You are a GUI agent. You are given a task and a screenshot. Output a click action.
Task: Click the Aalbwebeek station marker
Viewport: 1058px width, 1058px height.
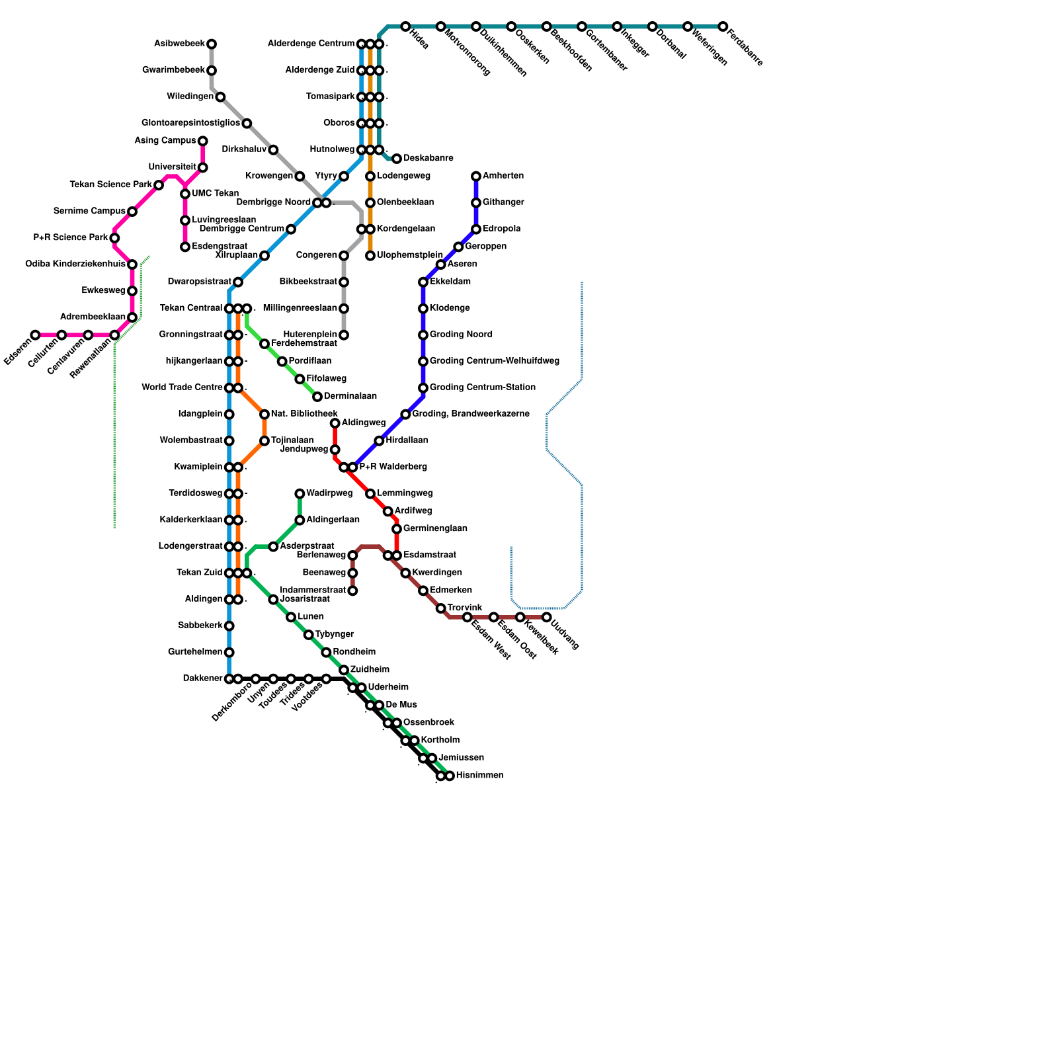point(212,44)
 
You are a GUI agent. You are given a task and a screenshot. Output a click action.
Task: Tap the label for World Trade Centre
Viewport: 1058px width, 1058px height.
point(182,387)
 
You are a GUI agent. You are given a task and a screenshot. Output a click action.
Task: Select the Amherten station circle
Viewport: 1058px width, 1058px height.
point(476,177)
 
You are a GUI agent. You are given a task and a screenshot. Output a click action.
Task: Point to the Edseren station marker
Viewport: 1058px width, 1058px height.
point(35,335)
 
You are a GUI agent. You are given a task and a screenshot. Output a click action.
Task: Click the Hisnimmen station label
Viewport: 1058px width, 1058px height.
point(479,776)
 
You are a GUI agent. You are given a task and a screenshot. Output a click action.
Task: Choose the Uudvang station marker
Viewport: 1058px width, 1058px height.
point(546,617)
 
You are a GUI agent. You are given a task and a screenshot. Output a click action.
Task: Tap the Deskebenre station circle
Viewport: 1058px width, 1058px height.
point(397,159)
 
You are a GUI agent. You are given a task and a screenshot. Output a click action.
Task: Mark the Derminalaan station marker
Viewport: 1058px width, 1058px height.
point(317,397)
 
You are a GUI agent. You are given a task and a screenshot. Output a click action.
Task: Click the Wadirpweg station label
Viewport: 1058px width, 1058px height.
point(329,493)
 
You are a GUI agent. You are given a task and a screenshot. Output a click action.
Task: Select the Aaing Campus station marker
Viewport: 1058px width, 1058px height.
point(202,141)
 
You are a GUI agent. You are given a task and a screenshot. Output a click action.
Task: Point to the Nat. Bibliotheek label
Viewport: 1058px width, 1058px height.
point(304,414)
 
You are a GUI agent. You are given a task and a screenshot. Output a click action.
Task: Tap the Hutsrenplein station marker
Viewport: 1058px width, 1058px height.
point(344,335)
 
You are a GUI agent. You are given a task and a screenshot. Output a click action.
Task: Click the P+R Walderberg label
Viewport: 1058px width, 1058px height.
point(393,467)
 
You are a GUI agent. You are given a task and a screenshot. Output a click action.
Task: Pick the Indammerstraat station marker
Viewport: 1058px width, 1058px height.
point(352,590)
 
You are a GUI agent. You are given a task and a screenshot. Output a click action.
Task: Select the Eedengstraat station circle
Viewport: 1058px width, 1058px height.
point(185,247)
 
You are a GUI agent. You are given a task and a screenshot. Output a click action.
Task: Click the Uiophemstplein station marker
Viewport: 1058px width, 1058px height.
point(370,256)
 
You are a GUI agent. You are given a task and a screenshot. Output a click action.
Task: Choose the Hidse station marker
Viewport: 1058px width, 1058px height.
point(405,26)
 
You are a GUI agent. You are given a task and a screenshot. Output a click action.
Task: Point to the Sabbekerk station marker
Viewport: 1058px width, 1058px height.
point(229,626)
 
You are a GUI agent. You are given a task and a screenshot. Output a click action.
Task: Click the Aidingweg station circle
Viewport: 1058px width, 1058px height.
point(335,423)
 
